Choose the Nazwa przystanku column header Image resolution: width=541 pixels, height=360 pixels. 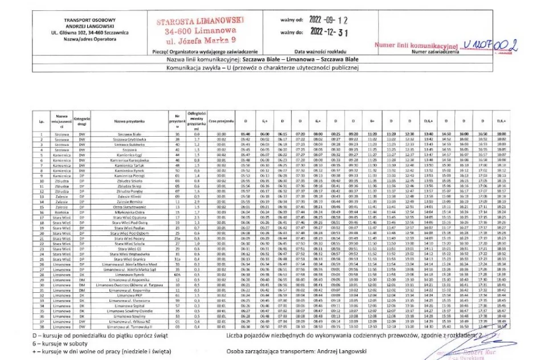[129, 121]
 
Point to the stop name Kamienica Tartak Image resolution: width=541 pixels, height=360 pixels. [129, 166]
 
